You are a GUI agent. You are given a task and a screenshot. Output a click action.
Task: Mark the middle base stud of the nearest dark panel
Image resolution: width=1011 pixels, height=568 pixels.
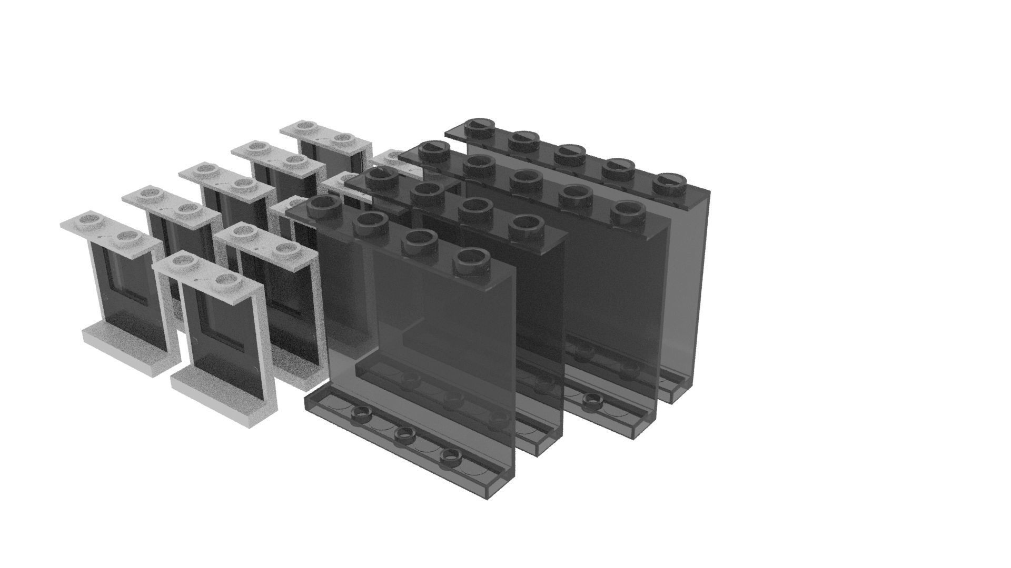point(404,434)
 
